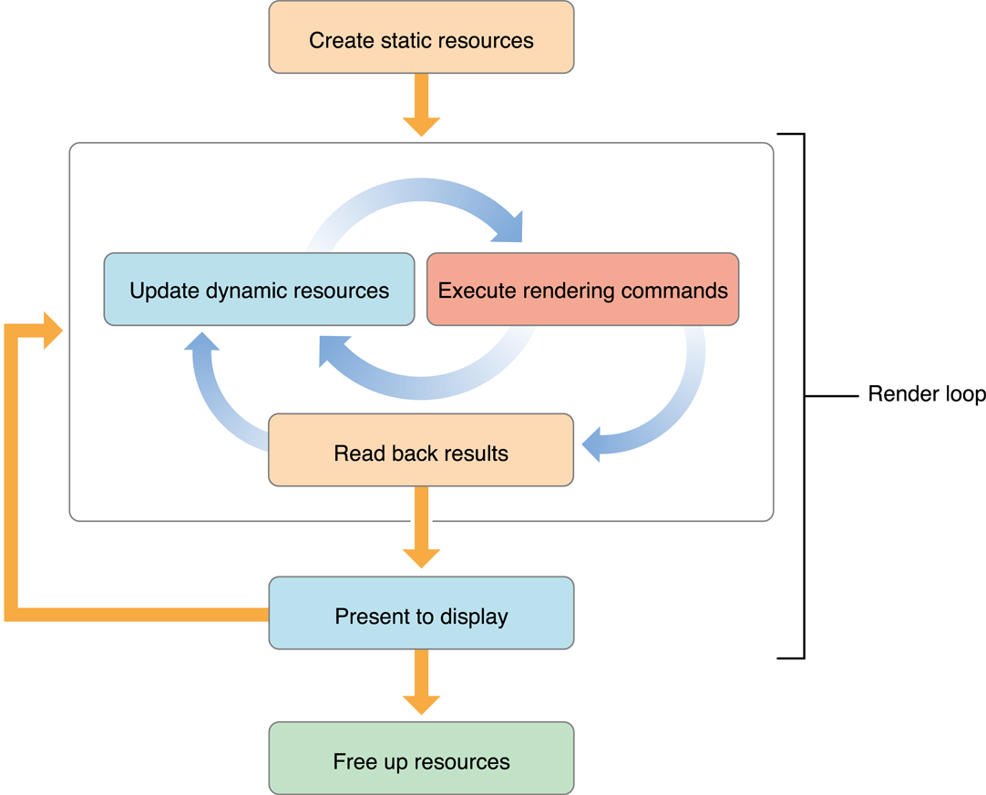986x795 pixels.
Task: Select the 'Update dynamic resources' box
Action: pos(259,290)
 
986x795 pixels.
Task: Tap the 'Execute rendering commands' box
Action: pos(582,290)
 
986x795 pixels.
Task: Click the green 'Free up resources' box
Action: pos(421,759)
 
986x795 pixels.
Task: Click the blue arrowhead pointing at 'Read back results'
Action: pos(594,444)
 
